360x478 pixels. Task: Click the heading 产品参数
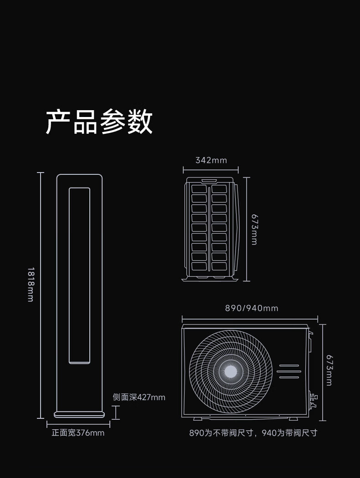pos(99,122)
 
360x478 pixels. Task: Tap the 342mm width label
pos(211,160)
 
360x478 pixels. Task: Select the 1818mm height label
pos(31,285)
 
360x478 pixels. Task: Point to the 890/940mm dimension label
pos(252,308)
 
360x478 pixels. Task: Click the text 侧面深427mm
pos(139,397)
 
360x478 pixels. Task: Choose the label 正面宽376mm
pos(78,433)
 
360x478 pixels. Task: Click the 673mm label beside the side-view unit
pos(254,229)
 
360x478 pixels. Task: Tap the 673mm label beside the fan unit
pos(329,370)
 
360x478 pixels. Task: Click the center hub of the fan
pos(231,371)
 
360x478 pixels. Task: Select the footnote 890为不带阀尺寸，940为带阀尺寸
pos(253,433)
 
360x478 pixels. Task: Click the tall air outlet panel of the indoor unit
pos(79,275)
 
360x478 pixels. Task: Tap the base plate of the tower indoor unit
pos(79,415)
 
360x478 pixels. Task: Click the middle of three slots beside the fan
pos(289,371)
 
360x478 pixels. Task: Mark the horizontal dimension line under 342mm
pos(211,170)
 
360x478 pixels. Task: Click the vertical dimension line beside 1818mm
pos(41,295)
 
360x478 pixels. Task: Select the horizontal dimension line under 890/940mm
pos(250,319)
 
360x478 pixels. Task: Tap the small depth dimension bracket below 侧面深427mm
pos(116,412)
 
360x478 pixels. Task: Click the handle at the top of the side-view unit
pos(209,181)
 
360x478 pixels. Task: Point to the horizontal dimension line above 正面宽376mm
pos(78,424)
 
